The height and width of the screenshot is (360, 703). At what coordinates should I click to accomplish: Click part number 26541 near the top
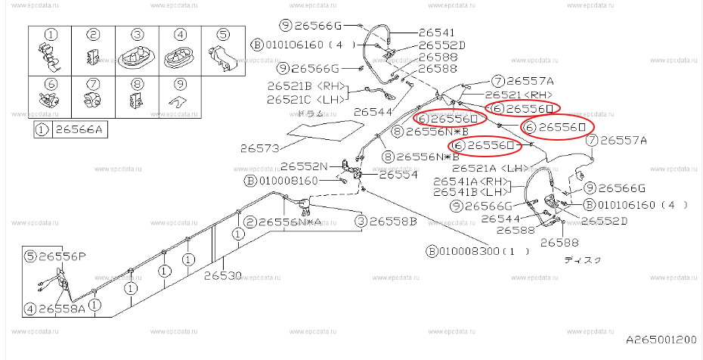click(x=437, y=33)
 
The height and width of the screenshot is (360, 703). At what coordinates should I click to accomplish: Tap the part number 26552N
click(x=305, y=166)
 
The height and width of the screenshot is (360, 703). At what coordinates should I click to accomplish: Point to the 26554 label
click(x=398, y=175)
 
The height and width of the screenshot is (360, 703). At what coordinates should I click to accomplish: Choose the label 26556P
click(x=63, y=256)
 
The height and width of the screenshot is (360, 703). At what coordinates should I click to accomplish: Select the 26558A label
click(x=63, y=309)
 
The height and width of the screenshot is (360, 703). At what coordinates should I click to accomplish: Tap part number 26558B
click(x=392, y=222)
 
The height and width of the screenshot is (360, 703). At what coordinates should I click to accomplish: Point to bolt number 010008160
click(x=292, y=181)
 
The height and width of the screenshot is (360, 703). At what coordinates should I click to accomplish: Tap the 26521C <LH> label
click(x=302, y=98)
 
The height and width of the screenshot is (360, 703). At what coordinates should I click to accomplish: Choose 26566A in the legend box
click(x=79, y=131)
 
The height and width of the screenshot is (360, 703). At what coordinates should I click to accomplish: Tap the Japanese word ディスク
click(x=583, y=259)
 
